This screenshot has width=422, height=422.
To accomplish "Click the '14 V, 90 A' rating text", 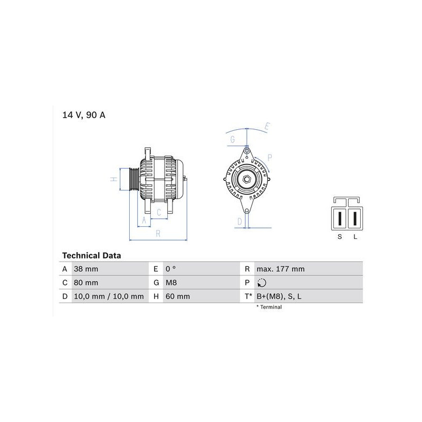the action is tap(84, 115).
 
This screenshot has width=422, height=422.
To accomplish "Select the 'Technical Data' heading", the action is tap(91, 255).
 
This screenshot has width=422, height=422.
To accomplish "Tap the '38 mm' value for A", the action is tap(86, 269).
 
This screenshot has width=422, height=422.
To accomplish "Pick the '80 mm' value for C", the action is tap(86, 283).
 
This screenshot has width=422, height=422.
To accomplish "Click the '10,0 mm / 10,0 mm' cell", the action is tap(109, 296).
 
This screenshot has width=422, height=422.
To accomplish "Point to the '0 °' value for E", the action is tap(170, 269).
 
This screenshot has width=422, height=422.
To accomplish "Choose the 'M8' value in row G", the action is tap(171, 283).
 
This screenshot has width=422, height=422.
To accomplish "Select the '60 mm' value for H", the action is tap(178, 296).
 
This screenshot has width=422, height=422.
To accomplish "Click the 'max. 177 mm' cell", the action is tap(281, 269).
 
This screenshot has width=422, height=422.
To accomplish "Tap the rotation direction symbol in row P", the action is tap(262, 283).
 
